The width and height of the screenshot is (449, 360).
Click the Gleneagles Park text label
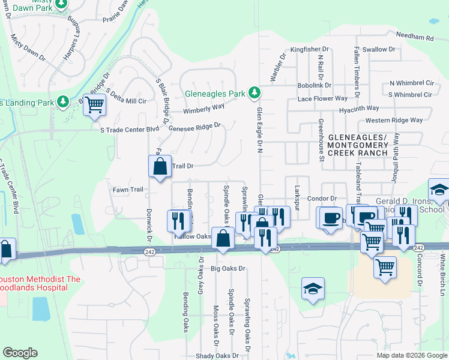(215, 94)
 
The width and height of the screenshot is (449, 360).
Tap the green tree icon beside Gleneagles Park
(255, 92)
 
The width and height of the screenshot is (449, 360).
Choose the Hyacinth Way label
(358, 108)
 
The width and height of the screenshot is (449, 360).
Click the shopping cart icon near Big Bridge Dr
(94, 104)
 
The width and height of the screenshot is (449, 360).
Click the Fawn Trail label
(127, 190)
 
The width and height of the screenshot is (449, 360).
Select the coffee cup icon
(330, 217)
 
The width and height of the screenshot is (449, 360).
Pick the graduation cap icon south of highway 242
(313, 290)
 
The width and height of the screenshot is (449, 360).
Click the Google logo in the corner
(20, 353)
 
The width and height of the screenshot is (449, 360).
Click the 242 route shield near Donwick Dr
(149, 253)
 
